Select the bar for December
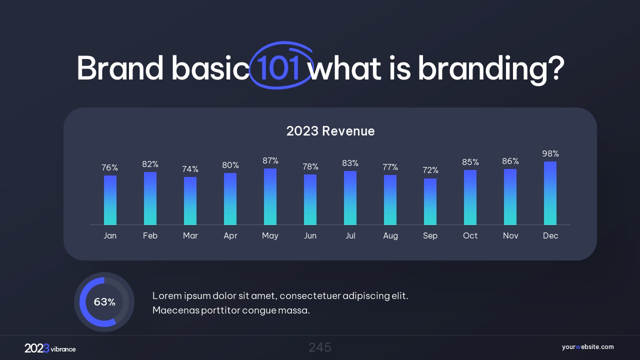click(550, 193)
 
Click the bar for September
click(430, 201)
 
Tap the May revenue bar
click(270, 196)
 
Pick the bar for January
click(110, 200)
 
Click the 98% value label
click(550, 153)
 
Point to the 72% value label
click(430, 170)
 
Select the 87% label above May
click(270, 160)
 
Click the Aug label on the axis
click(390, 235)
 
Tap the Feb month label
click(150, 235)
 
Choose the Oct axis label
click(470, 235)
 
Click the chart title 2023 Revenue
click(330, 131)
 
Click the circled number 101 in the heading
click(279, 68)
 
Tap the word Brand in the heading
click(120, 68)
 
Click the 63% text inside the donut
click(104, 302)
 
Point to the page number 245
click(320, 347)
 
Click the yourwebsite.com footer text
click(587, 347)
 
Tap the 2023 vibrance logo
click(50, 348)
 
